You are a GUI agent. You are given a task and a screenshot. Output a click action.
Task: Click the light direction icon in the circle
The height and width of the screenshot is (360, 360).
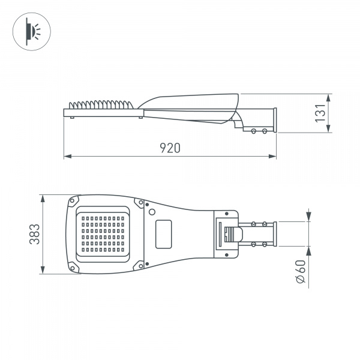pyautogui.click(x=30, y=31)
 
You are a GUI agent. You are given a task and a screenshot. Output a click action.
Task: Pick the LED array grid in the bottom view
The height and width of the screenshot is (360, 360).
pyautogui.click(x=102, y=234)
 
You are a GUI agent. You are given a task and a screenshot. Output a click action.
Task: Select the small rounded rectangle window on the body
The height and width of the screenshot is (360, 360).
pyautogui.click(x=163, y=234)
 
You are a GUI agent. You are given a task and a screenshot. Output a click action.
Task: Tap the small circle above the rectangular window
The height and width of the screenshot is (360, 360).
pyautogui.click(x=152, y=212)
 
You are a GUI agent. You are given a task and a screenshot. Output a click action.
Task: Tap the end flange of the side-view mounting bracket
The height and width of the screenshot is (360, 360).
pyautogui.click(x=275, y=119)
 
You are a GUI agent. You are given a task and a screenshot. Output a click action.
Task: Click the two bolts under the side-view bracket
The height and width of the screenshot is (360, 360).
pyautogui.click(x=259, y=130)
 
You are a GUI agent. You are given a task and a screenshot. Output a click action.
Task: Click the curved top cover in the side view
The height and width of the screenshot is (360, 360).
pyautogui.click(x=192, y=98)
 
